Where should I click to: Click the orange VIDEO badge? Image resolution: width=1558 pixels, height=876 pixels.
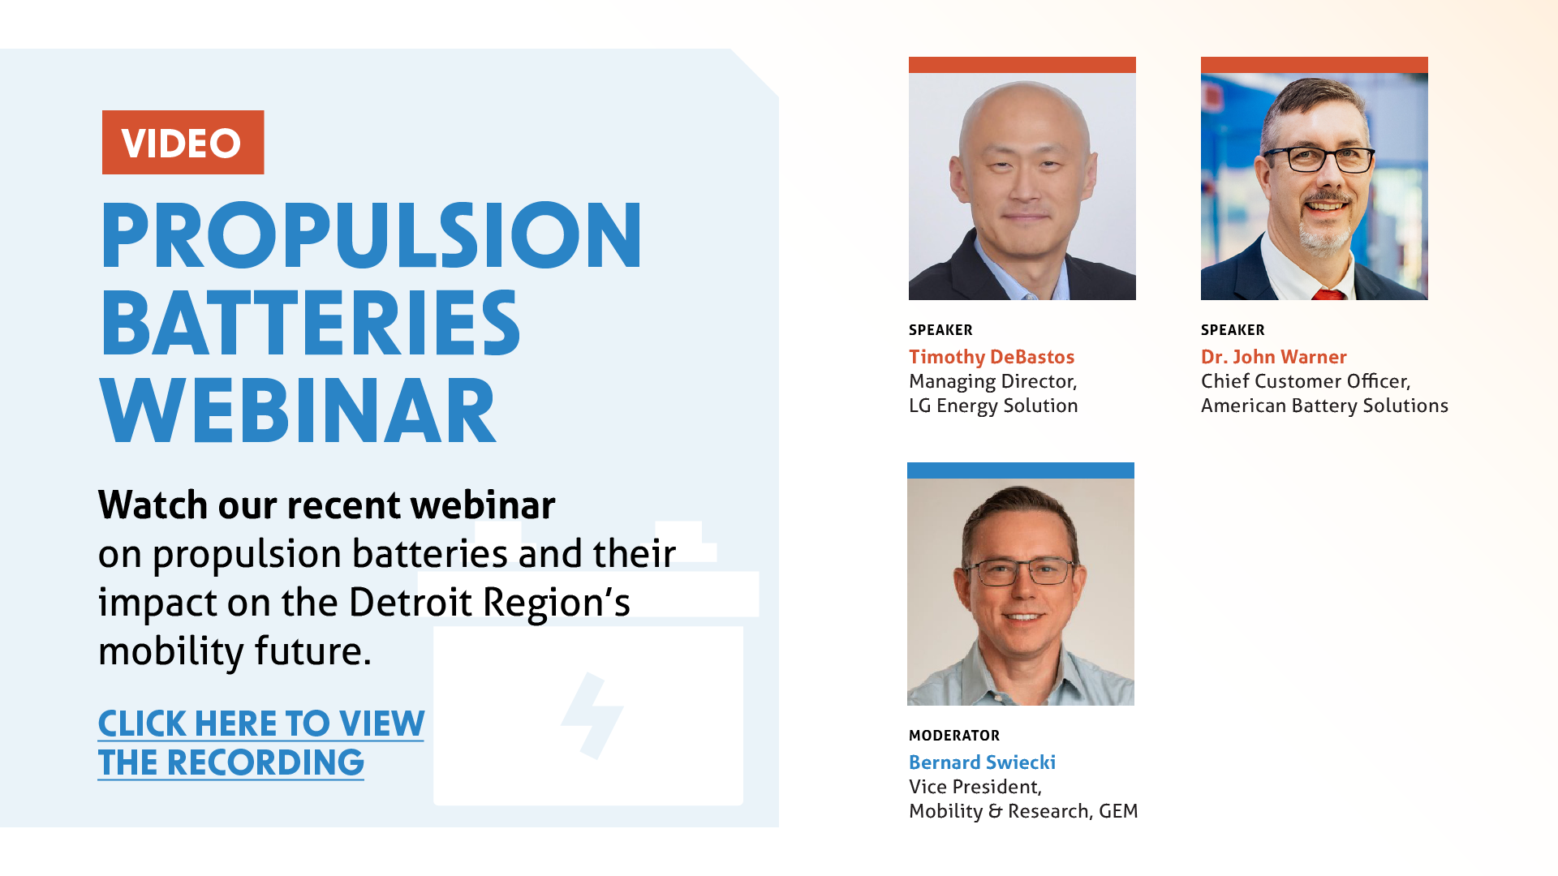[183, 142]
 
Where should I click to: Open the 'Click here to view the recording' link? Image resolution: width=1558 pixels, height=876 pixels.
[260, 743]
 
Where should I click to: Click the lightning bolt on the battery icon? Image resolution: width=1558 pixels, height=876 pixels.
[592, 715]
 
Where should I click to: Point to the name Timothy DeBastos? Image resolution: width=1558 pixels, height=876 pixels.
[992, 357]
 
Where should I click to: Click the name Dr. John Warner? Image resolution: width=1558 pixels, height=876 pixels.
[1274, 357]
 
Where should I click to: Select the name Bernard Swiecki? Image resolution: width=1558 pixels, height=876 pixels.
[982, 762]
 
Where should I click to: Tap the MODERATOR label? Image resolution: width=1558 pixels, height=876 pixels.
[954, 736]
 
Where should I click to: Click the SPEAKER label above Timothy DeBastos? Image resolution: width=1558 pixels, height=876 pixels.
[940, 330]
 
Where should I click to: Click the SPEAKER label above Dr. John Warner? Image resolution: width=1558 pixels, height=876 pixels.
[1233, 330]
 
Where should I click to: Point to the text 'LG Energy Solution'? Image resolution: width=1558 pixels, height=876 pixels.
[993, 406]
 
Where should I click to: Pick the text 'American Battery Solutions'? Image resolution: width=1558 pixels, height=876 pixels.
[1324, 406]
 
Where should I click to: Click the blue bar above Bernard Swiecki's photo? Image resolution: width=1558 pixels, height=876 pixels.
[1021, 470]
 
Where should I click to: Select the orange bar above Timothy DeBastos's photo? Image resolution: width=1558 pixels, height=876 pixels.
[1022, 65]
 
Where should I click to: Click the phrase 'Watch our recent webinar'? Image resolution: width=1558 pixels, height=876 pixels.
[327, 505]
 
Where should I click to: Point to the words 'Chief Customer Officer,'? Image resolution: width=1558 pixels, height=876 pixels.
[1306, 381]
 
